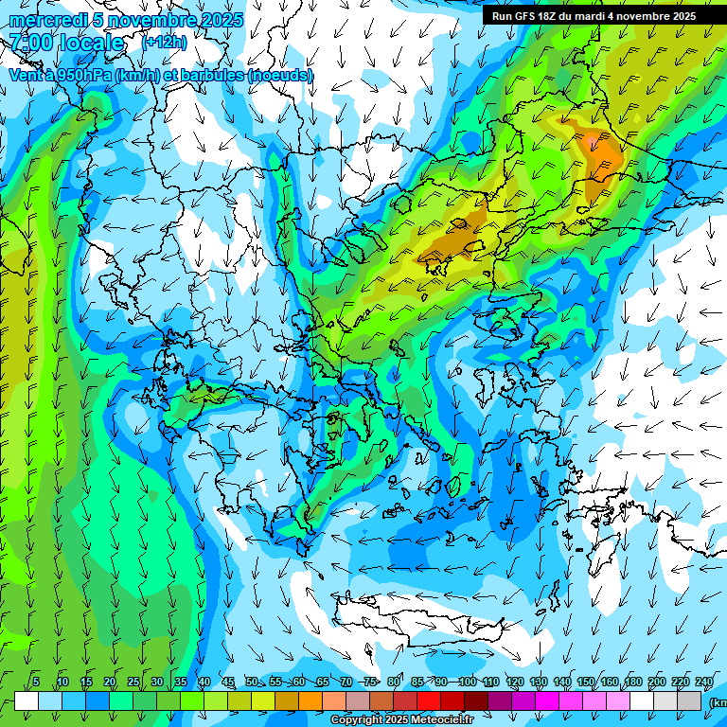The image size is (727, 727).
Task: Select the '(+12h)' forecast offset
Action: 165,42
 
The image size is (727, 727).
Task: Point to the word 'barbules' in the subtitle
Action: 207,75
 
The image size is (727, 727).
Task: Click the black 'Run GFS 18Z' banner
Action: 594,16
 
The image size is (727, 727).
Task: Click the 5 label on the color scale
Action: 36,683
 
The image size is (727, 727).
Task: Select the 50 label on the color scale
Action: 251,683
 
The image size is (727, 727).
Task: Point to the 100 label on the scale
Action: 467,683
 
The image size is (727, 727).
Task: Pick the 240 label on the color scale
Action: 704,683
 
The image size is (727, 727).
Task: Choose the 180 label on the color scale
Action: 633,683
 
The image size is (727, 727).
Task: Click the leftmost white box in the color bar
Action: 27,700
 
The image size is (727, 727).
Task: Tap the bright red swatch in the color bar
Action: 429,700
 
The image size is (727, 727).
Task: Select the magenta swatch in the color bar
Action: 547,700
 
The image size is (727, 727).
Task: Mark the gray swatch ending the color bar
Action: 691,700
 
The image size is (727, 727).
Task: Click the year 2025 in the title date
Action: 222,20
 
